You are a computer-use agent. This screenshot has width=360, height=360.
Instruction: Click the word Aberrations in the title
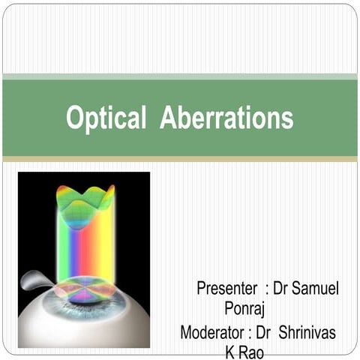226,118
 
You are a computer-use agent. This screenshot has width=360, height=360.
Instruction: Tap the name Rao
250,351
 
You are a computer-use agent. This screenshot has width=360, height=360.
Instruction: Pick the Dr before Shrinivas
268,331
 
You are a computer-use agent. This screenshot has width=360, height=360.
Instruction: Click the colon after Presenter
266,289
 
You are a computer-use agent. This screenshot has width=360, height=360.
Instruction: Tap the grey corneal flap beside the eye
35,280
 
